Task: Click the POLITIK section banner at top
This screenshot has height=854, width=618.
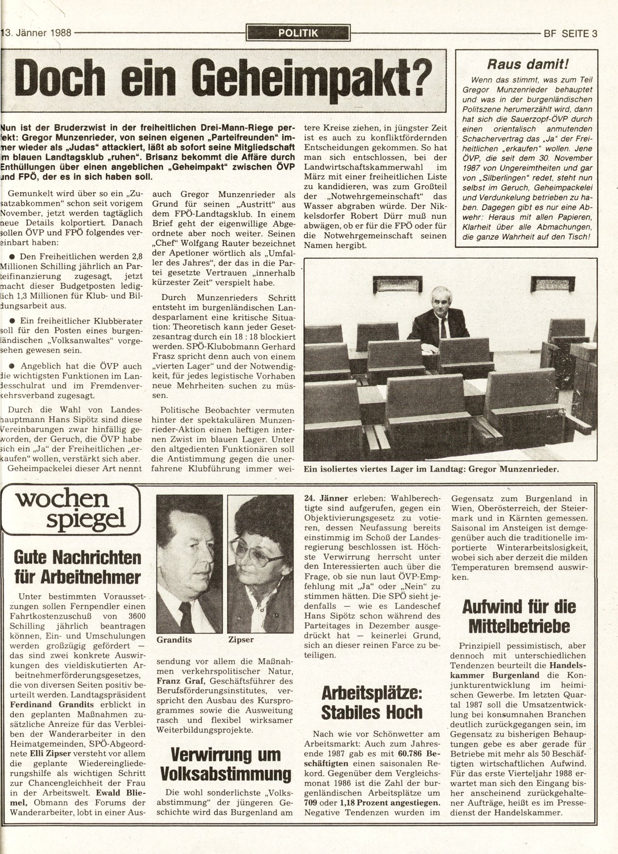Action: click(299, 33)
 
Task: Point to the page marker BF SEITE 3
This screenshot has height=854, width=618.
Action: click(569, 34)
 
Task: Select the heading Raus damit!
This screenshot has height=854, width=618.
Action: click(524, 64)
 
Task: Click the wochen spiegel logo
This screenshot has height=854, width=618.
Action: click(71, 510)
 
